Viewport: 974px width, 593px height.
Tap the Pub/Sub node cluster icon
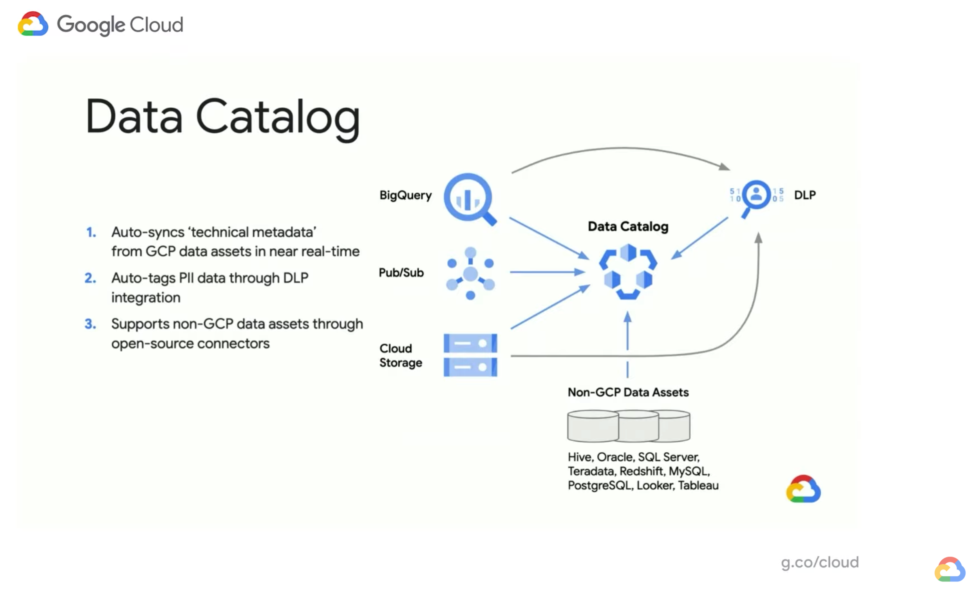(470, 273)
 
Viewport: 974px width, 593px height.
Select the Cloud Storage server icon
(470, 355)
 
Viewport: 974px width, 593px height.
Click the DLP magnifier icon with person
(755, 196)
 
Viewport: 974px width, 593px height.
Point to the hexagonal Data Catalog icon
(628, 271)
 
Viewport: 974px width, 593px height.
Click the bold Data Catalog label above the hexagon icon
(627, 226)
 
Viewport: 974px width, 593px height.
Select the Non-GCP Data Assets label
(628, 392)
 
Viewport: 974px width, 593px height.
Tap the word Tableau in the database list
(698, 485)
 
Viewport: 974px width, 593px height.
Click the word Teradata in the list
(591, 471)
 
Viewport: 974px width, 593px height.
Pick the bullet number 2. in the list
(90, 278)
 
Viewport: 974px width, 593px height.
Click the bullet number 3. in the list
(90, 324)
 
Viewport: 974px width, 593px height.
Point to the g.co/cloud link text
(819, 562)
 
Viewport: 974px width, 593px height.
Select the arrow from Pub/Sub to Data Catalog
(547, 272)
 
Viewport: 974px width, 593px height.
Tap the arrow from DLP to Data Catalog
(700, 238)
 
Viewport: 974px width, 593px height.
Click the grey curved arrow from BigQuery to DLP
(623, 149)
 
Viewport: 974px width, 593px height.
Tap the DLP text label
(804, 195)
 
